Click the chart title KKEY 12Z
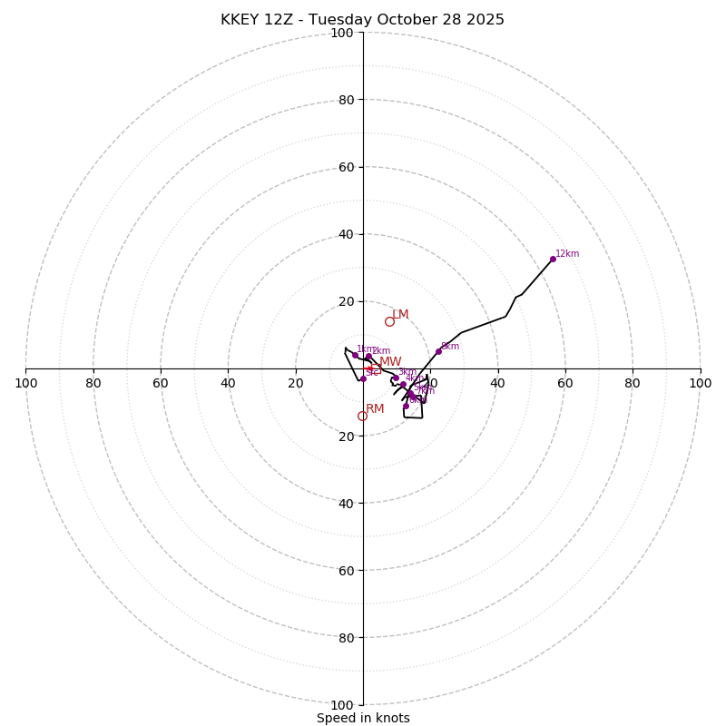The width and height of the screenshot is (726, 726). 362,20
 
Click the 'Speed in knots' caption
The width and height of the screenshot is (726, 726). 363,718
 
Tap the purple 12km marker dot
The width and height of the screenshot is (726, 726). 553,259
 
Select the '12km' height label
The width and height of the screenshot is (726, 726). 567,254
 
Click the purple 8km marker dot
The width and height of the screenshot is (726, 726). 438,351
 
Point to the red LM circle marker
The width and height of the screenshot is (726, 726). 389,321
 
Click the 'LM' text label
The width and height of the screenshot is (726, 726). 400,315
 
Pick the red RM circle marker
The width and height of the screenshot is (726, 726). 362,416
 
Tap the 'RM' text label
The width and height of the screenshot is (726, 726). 375,409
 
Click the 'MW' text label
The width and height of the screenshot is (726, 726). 390,362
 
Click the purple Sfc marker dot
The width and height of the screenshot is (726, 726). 363,378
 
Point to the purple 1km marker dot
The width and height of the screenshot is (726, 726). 355,354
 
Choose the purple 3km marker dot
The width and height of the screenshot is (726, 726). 396,378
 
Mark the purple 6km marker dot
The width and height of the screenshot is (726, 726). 406,406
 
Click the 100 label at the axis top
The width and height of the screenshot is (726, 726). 342,33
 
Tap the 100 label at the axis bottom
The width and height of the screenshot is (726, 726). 342,705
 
